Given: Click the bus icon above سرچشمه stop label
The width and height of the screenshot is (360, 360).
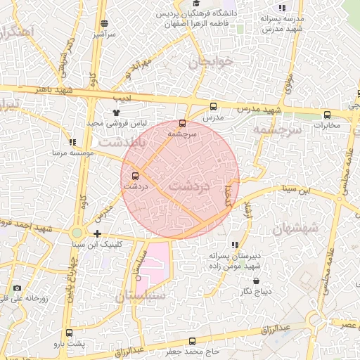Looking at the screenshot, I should [183, 123].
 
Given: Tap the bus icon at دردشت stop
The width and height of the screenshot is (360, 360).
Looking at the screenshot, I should [135, 176].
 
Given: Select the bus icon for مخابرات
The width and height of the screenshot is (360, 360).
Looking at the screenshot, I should [327, 115].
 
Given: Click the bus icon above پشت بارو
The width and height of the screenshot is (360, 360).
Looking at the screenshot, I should [69, 333].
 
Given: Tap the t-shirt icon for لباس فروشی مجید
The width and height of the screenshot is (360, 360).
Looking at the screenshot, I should [116, 112].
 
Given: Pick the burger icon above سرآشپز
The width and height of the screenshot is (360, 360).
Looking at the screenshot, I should [104, 23].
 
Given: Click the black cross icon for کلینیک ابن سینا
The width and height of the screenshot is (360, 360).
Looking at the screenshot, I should [97, 233].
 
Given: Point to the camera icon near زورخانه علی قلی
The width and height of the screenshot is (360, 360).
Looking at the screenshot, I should [17, 288].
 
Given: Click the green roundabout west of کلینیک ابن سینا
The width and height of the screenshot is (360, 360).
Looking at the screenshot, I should [77, 233].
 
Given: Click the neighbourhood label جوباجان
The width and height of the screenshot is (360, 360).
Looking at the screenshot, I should [210, 62].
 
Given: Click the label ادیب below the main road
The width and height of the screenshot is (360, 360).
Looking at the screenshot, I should [123, 98].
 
